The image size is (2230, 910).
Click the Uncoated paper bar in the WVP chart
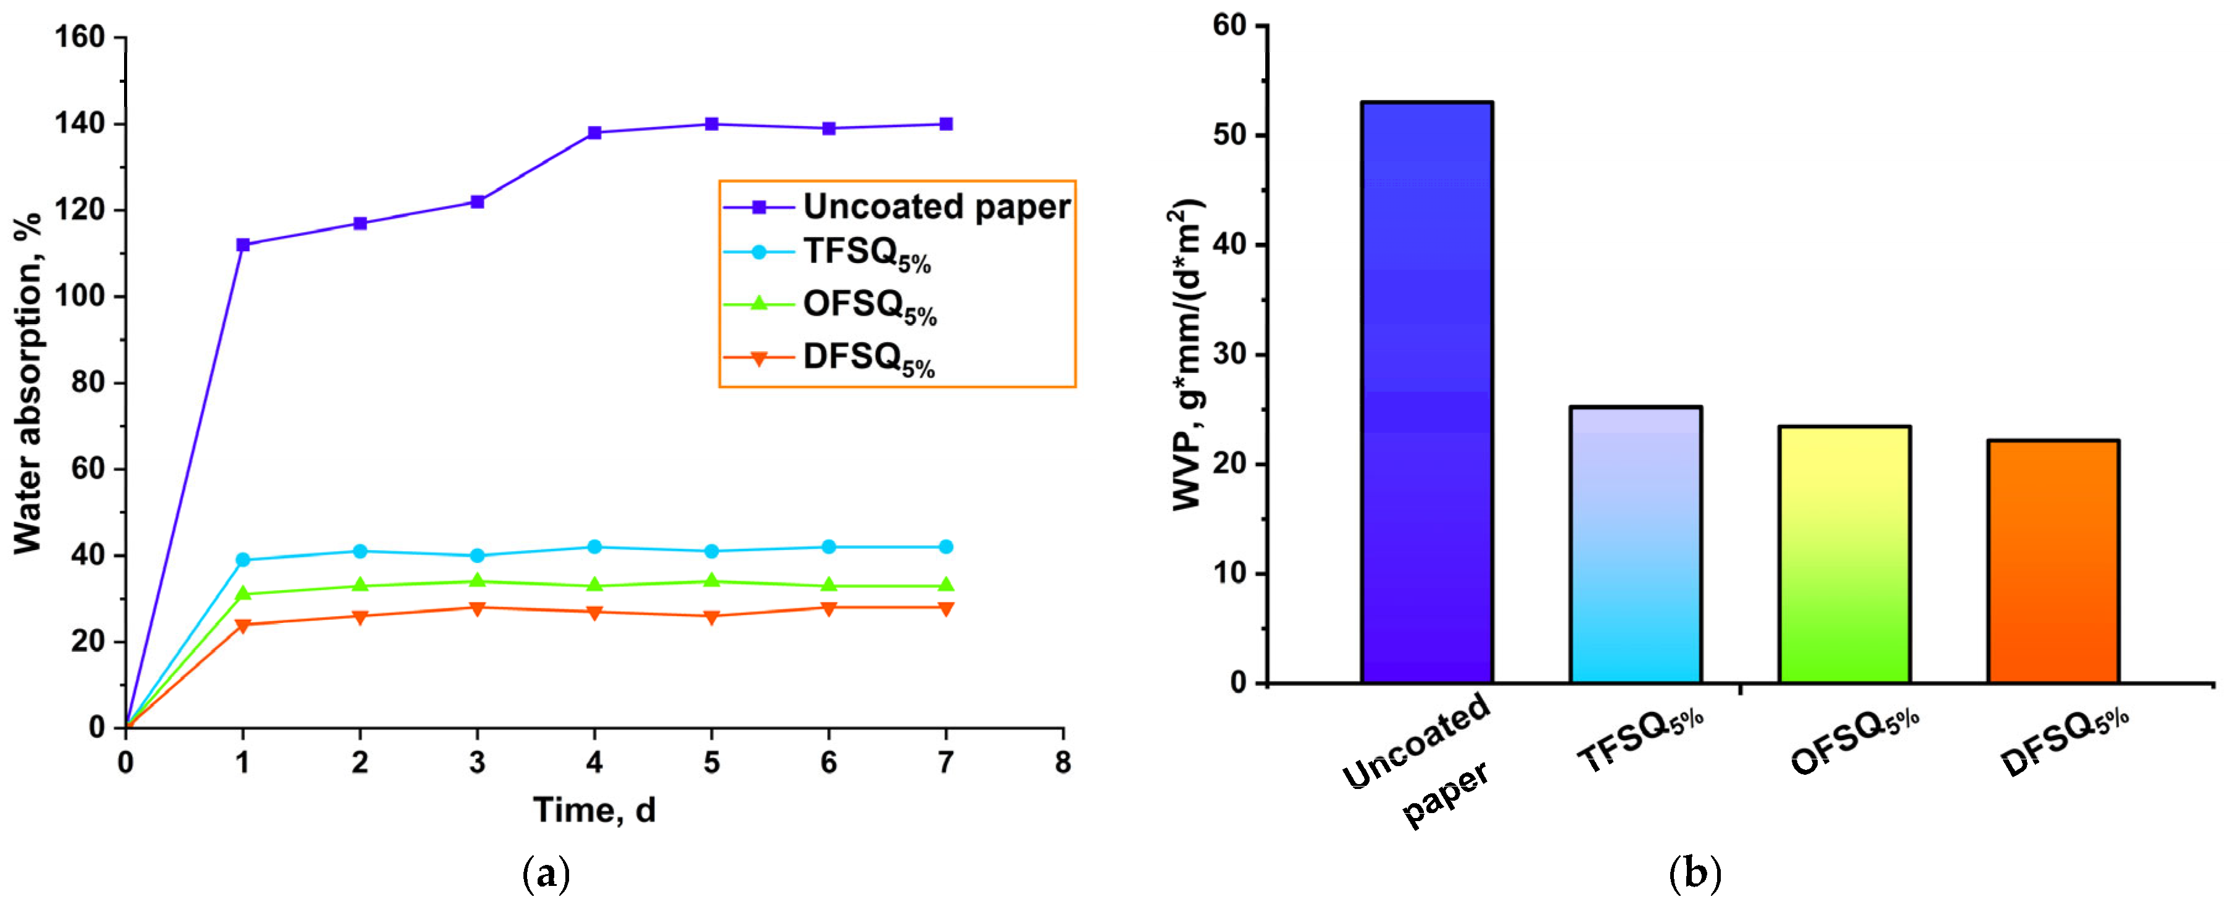pos(1426,392)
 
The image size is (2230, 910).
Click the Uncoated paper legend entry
pos(897,207)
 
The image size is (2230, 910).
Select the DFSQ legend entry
pos(830,359)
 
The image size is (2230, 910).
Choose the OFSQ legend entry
pos(830,306)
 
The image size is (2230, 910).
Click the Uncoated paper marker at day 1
pos(243,245)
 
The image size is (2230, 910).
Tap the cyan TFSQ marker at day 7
pos(946,547)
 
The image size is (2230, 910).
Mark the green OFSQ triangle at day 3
pos(477,581)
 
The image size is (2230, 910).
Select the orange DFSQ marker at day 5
pos(712,617)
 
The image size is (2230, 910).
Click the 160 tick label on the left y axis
pos(80,37)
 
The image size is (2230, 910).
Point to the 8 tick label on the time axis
pos(1063,763)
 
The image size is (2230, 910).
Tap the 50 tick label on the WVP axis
pos(1229,136)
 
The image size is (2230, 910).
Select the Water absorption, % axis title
pos(28,383)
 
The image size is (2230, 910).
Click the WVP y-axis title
pos(1187,355)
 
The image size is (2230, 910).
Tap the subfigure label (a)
pos(547,874)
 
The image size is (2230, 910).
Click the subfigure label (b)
pos(1695,874)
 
